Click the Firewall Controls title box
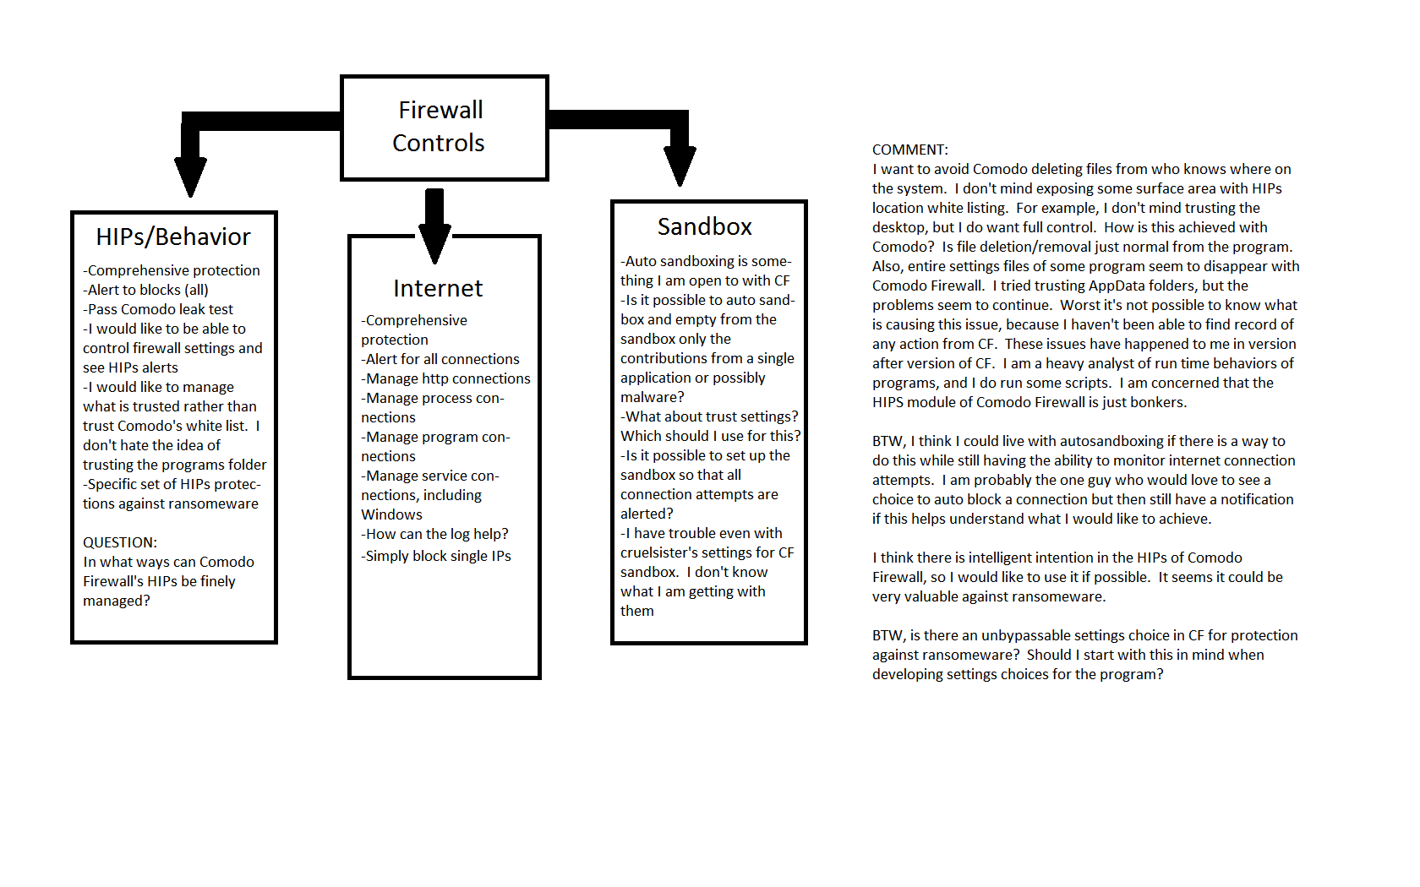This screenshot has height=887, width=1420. pos(444,128)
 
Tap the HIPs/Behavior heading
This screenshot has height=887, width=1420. pos(173,237)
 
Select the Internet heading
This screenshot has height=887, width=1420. pos(438,289)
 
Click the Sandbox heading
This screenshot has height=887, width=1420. pos(705,227)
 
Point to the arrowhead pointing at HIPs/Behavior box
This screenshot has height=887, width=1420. pos(190,176)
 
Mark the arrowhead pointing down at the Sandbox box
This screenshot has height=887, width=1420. pos(680,166)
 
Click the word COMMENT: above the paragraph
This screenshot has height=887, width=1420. pos(910,150)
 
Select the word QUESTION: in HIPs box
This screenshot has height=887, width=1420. pos(120,542)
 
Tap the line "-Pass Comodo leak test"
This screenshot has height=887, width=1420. pos(158,309)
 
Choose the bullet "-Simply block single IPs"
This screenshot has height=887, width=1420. pos(436,556)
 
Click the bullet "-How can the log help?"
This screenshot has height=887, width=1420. pos(434,534)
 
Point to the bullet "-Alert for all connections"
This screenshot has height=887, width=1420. pos(440,359)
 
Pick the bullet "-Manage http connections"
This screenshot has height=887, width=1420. pos(445,378)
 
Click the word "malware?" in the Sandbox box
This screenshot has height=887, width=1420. pos(653,397)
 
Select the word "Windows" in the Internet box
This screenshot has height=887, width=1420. pos(391,514)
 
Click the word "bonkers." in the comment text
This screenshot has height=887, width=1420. pos(1159,403)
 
